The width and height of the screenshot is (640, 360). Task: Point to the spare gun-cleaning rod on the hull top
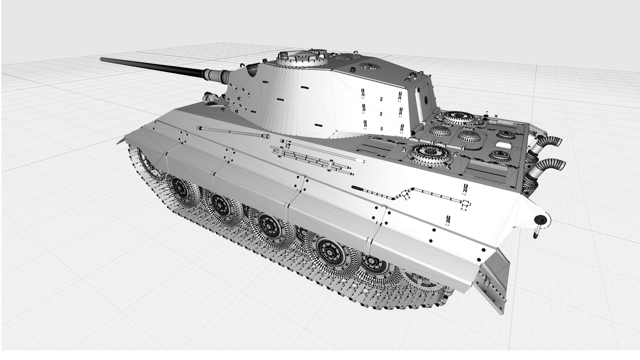[x=233, y=132]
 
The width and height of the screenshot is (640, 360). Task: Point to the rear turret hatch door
[x=426, y=100]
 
